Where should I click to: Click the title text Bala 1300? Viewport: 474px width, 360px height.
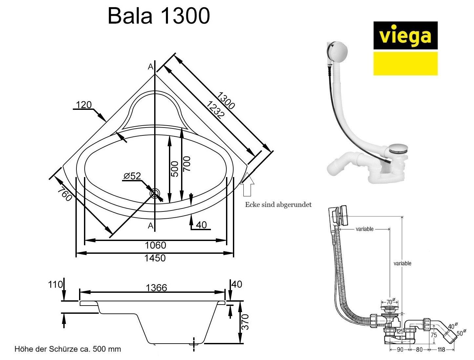tap(158, 16)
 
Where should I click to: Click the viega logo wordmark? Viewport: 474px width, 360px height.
tap(405, 36)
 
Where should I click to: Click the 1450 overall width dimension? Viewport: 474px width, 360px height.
tap(155, 258)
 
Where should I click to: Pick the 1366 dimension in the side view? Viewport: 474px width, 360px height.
tap(156, 288)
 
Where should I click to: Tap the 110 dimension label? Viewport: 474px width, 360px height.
tap(55, 284)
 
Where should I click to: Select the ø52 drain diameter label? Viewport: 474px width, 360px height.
tap(132, 176)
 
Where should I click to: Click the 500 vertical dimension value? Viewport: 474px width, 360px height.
tap(175, 169)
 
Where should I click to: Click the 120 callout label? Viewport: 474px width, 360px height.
tap(84, 105)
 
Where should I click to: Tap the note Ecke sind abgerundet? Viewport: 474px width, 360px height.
tap(278, 205)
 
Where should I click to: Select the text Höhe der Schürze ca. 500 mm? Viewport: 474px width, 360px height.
tap(68, 349)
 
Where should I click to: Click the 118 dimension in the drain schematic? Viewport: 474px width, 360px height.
tap(442, 350)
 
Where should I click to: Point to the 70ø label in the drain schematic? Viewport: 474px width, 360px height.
tap(390, 302)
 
